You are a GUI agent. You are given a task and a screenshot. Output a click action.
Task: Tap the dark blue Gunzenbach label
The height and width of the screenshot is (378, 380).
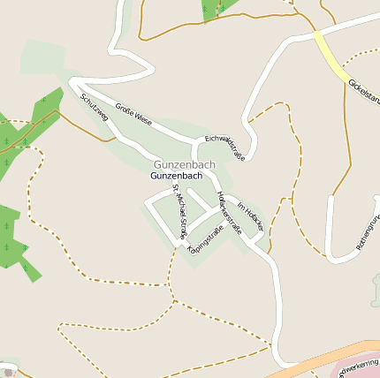tap(177, 176)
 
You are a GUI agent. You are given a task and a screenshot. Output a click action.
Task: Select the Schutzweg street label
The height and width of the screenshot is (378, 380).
tap(94, 107)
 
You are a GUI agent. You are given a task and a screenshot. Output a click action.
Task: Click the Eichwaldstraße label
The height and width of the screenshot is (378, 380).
tap(224, 147)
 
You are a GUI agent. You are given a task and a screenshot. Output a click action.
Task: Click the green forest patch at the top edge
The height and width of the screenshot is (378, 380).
tap(217, 8)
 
